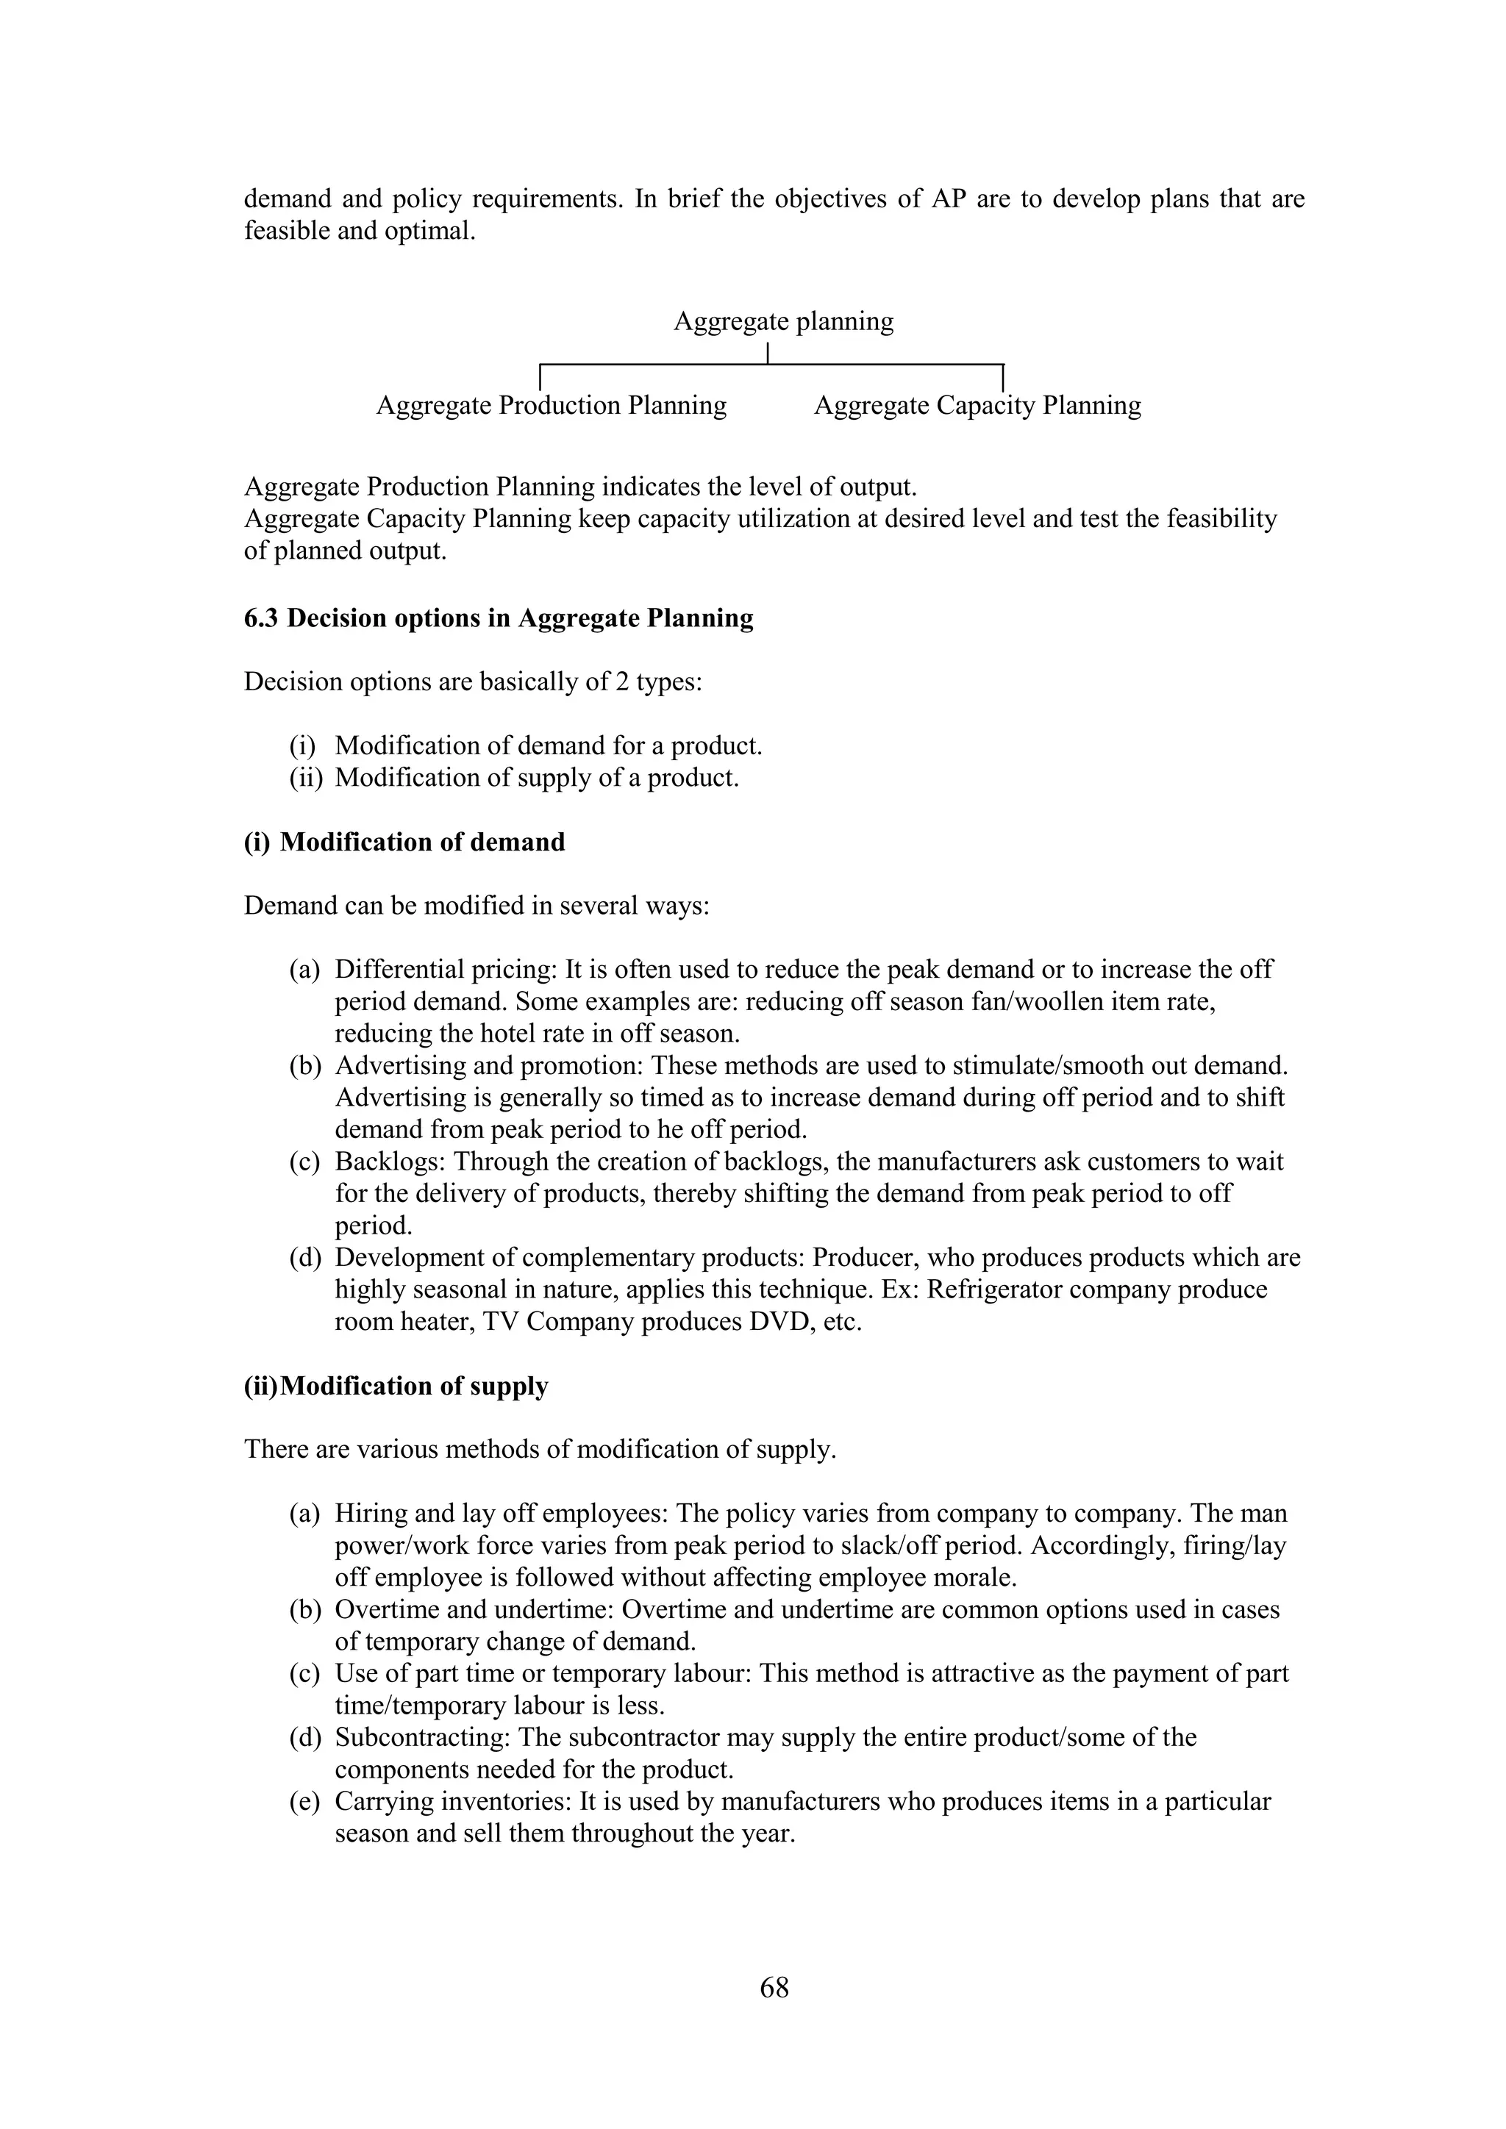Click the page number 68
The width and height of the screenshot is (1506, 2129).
pyautogui.click(x=774, y=1987)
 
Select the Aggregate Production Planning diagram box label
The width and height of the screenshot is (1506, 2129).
pyautogui.click(x=551, y=405)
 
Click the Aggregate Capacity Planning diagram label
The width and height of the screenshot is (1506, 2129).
pyautogui.click(x=977, y=405)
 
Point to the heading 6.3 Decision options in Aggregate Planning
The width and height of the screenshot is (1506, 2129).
pyautogui.click(x=498, y=618)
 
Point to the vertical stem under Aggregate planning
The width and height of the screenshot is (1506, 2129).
pyautogui.click(x=768, y=354)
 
